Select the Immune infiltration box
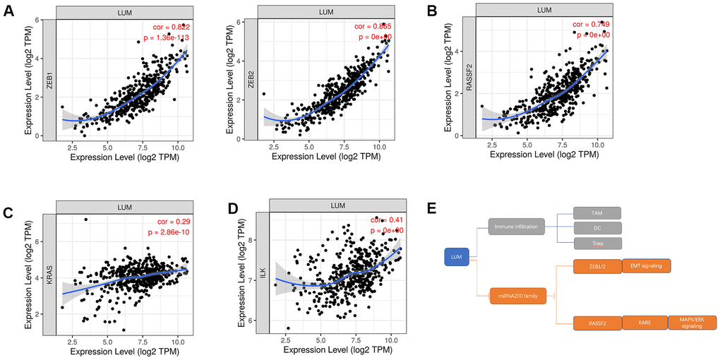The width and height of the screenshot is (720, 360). coord(519,228)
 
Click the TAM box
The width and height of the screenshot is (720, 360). coord(596,213)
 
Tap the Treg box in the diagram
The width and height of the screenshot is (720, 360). coord(596,244)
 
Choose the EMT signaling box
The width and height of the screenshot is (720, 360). coord(645,265)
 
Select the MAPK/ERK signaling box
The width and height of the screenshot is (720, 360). coord(692,324)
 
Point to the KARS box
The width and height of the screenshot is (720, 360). coord(645,324)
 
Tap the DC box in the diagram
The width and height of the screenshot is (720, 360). coord(596,228)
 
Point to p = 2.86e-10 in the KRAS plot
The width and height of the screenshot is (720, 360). coord(164,232)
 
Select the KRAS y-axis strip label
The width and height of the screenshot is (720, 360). coord(49,275)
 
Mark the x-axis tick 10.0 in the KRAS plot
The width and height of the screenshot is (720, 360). coord(179,342)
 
